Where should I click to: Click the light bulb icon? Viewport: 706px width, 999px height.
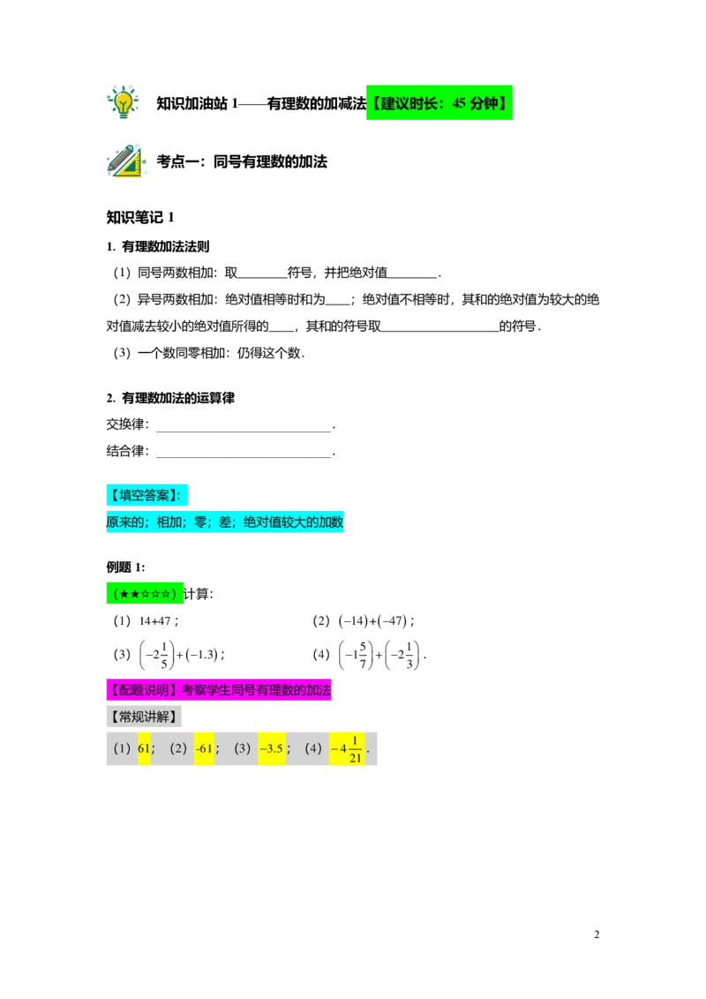point(124,101)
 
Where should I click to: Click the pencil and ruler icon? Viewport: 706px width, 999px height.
point(127,163)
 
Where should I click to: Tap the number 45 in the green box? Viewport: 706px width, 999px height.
point(459,103)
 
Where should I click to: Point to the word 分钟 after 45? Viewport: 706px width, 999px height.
point(484,103)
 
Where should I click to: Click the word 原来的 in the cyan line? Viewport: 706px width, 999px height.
point(125,522)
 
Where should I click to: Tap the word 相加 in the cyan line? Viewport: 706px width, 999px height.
point(169,522)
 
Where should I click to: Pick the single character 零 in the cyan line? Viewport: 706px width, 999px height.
point(200,522)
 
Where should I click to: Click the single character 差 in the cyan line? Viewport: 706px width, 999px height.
point(225,522)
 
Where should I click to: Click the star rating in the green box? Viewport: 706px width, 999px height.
point(146,593)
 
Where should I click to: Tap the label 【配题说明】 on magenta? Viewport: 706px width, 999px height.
point(143,691)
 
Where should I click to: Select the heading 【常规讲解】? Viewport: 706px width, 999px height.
point(144,716)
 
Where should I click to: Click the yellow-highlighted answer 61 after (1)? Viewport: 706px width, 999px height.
point(144,748)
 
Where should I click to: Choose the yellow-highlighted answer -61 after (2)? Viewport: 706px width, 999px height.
point(204,748)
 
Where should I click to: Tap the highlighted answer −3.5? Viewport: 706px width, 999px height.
point(271,748)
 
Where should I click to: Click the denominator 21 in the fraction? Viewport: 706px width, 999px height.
point(356,757)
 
